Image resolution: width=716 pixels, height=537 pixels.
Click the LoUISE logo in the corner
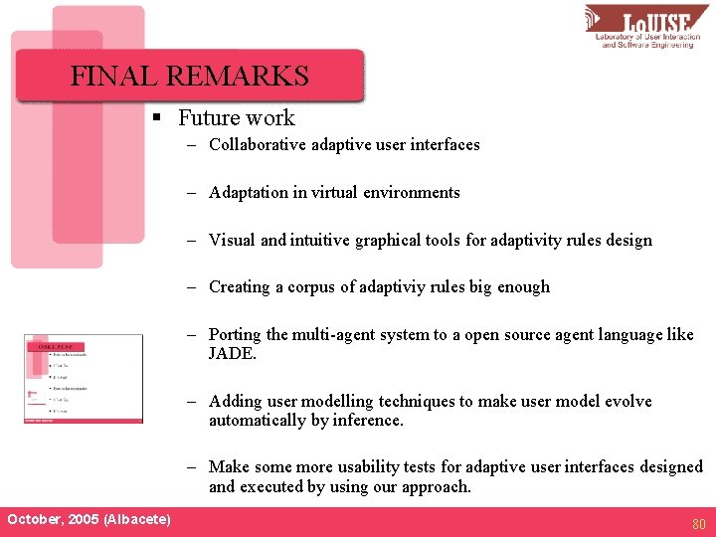pyautogui.click(x=646, y=28)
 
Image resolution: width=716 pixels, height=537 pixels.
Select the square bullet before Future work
pyautogui.click(x=157, y=118)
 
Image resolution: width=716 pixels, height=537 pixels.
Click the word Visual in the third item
pyautogui.click(x=232, y=240)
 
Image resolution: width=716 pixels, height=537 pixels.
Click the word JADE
pyautogui.click(x=231, y=353)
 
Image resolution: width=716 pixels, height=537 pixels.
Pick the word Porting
pyautogui.click(x=236, y=335)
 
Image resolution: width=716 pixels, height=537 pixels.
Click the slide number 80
pyautogui.click(x=699, y=522)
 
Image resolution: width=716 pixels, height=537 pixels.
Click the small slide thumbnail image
pyautogui.click(x=84, y=378)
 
